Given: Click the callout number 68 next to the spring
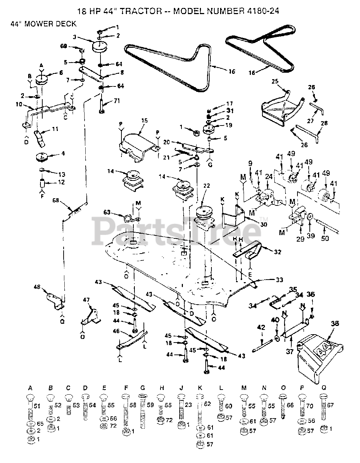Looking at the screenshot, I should (x=56, y=200).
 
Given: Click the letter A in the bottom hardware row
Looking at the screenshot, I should (x=30, y=388).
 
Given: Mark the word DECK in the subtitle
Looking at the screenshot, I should (x=68, y=24).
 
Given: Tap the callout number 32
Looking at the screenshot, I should (x=278, y=252).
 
